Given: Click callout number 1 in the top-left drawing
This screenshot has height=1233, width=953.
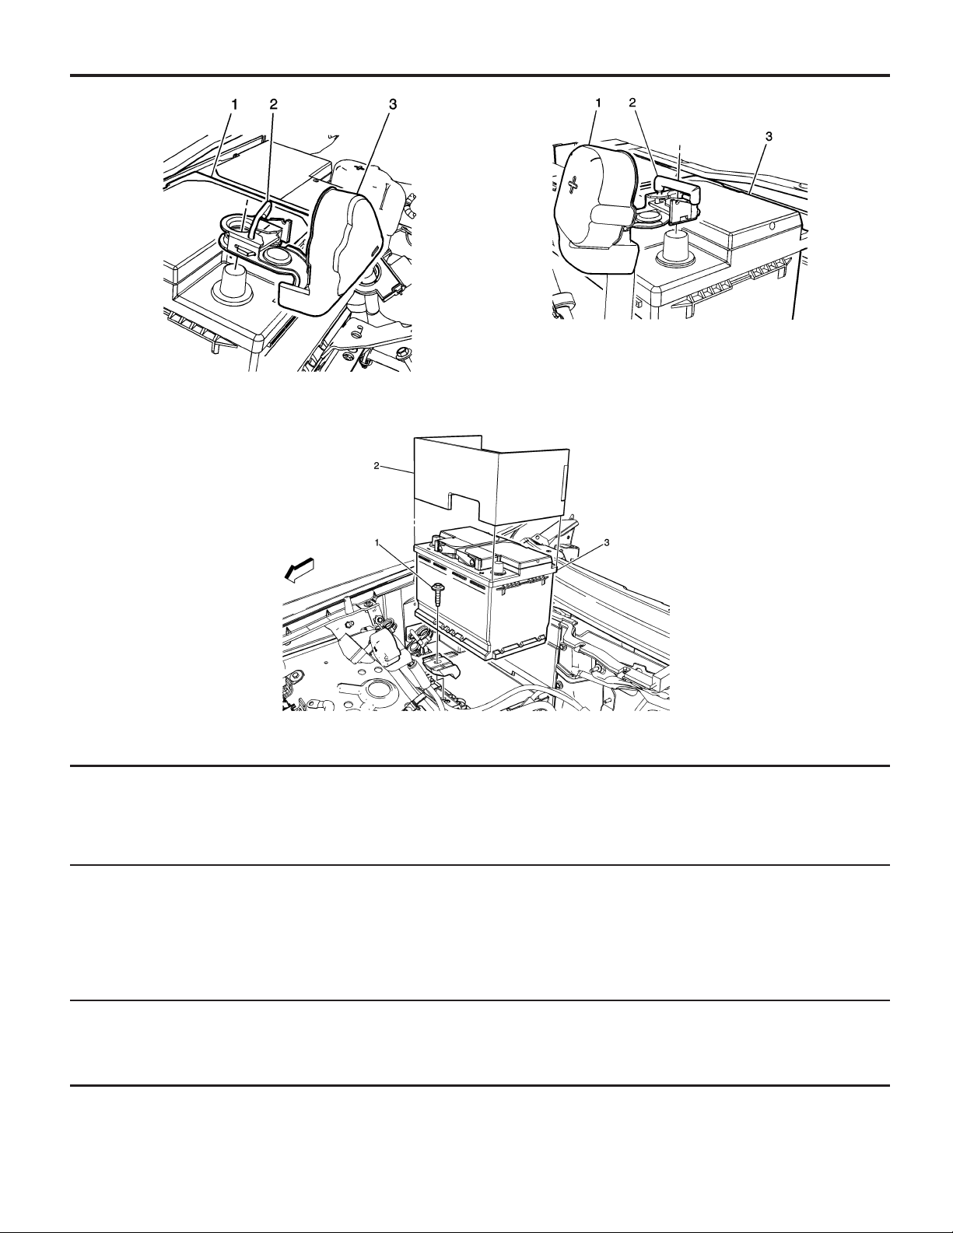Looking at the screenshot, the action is pos(233,104).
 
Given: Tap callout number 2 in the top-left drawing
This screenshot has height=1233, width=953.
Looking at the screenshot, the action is pos(273,104).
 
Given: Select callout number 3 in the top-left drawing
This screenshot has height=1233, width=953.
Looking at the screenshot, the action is pos(393,104).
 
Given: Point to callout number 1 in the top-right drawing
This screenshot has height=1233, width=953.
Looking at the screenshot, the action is pos(598,103).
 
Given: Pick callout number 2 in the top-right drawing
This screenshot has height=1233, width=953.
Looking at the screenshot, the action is pos(633,103).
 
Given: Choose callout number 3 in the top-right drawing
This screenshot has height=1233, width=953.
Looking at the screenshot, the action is pos(769,136).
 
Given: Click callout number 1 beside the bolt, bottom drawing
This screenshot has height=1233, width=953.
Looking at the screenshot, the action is pos(377,542).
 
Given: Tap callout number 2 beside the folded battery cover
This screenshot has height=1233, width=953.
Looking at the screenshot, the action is pos(377,466).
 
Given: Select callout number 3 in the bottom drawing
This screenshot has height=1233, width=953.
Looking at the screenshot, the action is pos(606,543).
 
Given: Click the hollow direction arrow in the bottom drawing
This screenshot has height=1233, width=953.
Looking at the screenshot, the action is pos(300,569).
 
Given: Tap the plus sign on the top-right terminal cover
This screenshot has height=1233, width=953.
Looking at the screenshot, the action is pos(574,183).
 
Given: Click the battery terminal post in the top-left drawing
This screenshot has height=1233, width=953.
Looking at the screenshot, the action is pos(231,284).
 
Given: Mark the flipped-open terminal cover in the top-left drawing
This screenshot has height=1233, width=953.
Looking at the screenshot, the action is pos(329,250).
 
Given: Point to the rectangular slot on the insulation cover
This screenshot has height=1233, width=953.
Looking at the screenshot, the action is pos(563,485).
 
